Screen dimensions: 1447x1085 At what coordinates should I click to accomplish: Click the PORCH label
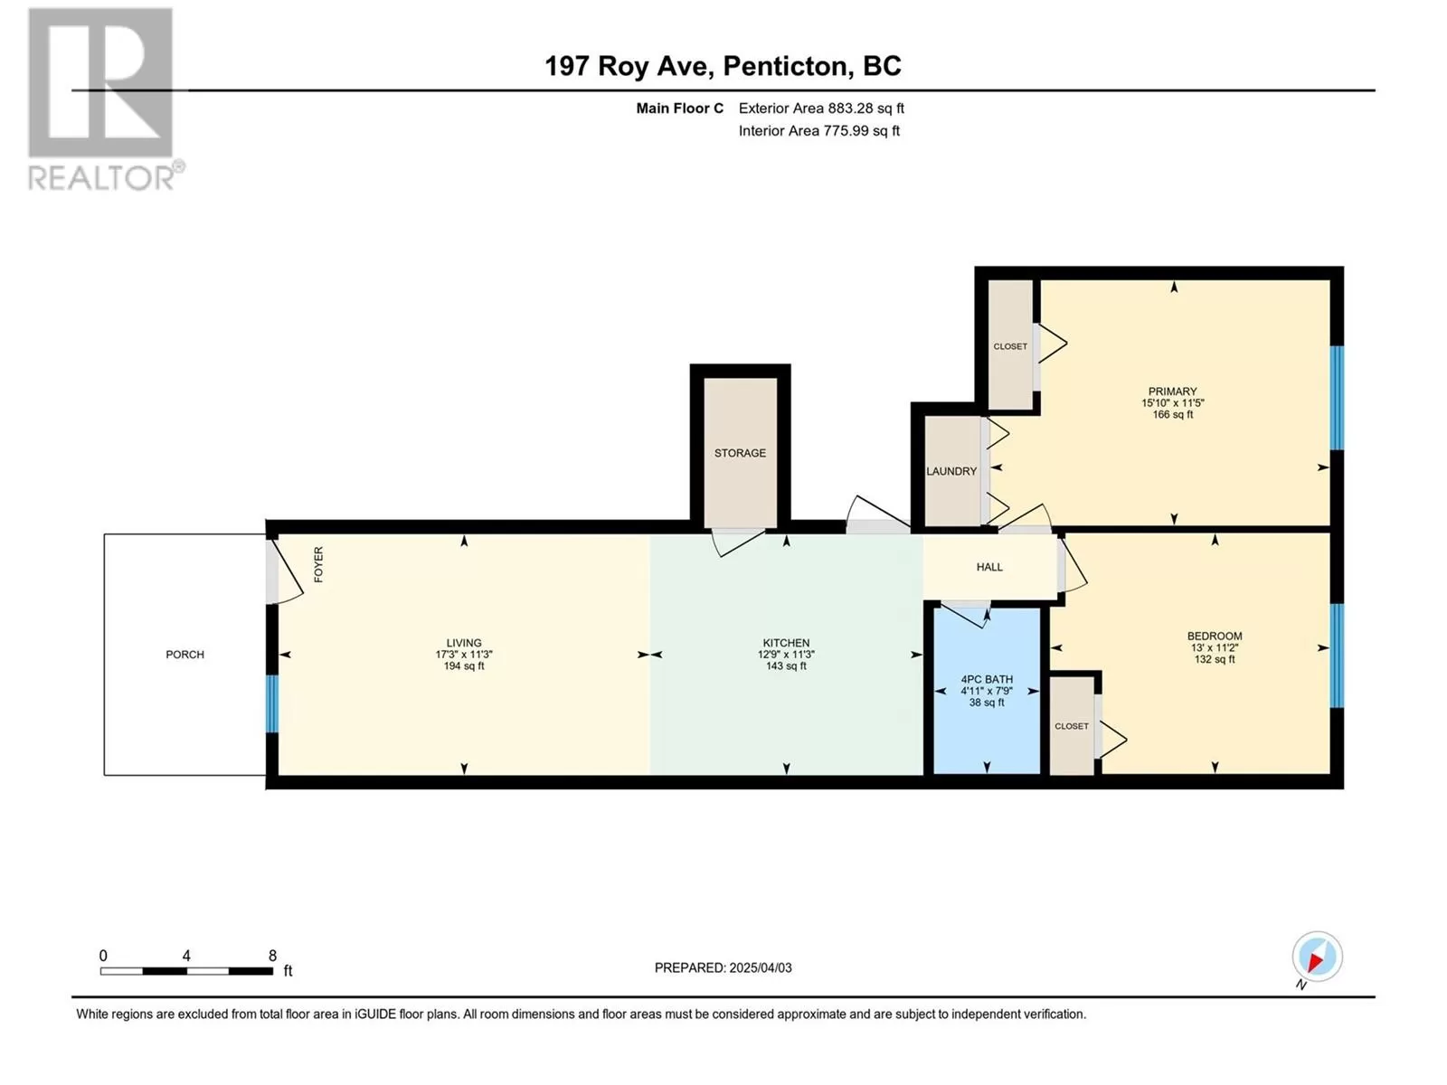[184, 654]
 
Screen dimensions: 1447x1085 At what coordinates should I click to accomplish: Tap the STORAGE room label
[740, 453]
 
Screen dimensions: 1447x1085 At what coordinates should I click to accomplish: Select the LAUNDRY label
[951, 471]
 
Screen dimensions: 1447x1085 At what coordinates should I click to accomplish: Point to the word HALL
[989, 567]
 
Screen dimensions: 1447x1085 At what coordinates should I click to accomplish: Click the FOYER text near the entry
[318, 564]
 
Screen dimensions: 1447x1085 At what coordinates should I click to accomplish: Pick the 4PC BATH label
[987, 679]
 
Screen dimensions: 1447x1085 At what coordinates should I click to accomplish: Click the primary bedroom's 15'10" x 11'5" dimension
[1173, 402]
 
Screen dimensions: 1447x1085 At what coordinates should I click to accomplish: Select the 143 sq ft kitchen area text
[787, 666]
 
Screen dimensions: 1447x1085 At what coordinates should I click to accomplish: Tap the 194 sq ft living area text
[464, 666]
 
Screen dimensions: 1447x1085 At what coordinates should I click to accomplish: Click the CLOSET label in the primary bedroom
[1010, 346]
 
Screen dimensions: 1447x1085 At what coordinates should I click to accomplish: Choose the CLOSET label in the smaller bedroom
[1072, 726]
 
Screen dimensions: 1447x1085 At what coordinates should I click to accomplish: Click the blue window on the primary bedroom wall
[1337, 398]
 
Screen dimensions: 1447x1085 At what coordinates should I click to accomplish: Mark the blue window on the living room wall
[271, 703]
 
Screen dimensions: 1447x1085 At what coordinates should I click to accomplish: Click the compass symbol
[1317, 957]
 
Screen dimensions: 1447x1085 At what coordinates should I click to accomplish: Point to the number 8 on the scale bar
[272, 955]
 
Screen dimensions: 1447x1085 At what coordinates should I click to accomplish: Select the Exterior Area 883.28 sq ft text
[821, 108]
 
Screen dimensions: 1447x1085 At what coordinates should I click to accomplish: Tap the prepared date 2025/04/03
[760, 967]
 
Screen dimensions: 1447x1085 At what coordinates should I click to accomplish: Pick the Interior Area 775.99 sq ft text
[819, 130]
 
